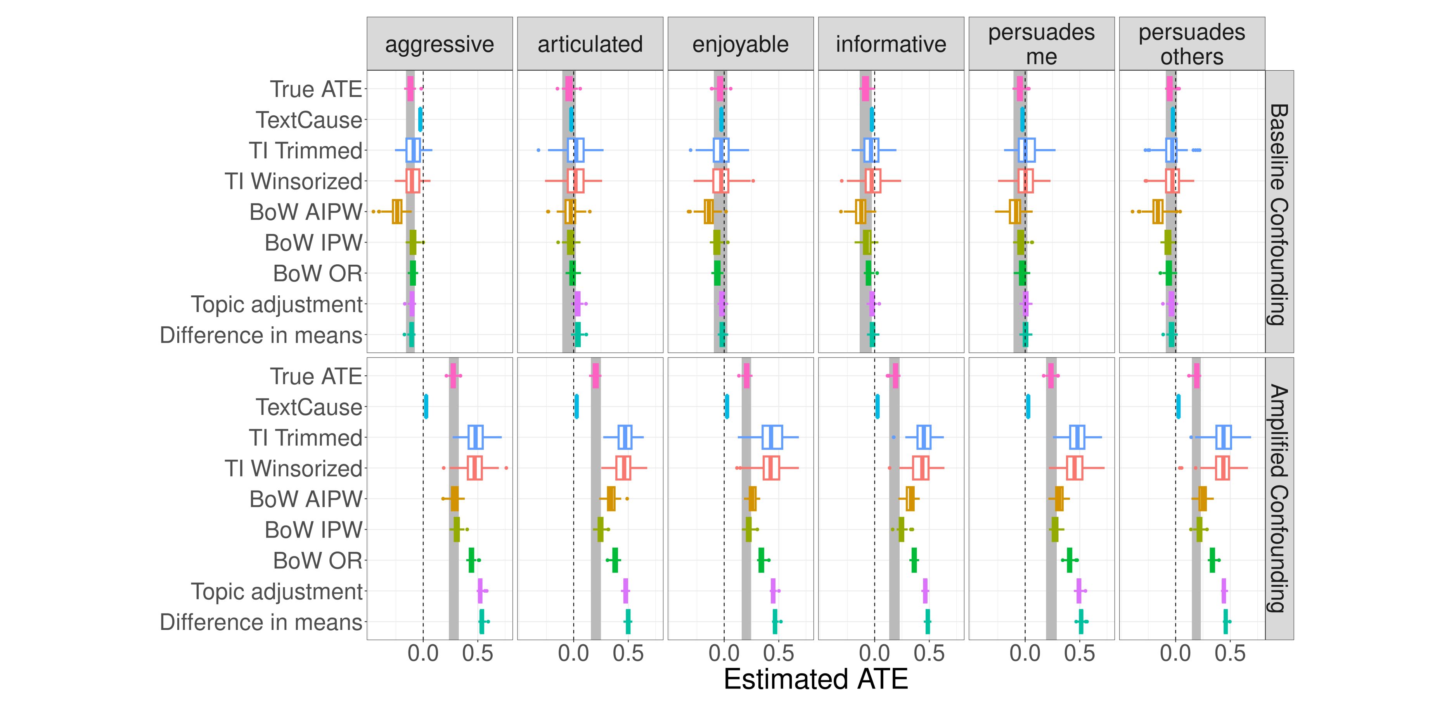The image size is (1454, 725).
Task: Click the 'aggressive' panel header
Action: click(x=440, y=44)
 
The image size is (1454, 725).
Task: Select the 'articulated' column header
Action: click(x=590, y=44)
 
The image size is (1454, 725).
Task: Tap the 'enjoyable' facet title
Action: click(x=741, y=44)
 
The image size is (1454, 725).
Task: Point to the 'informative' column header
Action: click(x=891, y=44)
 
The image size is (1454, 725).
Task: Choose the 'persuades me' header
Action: click(x=1041, y=44)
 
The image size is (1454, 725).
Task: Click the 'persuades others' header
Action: click(x=1191, y=44)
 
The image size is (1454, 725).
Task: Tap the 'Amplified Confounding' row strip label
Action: click(x=1279, y=499)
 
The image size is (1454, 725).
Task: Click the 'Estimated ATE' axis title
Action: click(x=815, y=679)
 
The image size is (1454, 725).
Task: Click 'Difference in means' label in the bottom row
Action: click(x=261, y=622)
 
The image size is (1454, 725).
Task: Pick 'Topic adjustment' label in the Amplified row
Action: click(x=277, y=592)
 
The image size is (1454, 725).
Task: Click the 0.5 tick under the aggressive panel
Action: click(x=478, y=654)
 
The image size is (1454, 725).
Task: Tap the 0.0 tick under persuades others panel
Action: click(x=1176, y=654)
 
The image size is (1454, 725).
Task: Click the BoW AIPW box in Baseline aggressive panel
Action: click(x=397, y=212)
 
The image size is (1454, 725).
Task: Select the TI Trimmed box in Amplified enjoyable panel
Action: click(x=772, y=437)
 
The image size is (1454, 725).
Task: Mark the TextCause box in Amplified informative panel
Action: click(x=877, y=406)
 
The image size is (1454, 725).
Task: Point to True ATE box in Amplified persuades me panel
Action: click(x=1051, y=376)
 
